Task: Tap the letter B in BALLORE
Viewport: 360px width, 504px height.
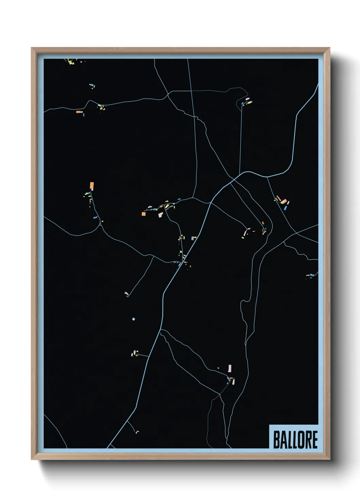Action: coord(276,440)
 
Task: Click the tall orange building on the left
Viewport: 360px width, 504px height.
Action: coord(92,186)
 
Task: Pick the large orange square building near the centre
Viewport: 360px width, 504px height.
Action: coord(144,214)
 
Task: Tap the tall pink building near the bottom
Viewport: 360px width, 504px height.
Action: coord(230,368)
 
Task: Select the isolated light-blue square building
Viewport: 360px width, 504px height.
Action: coord(134,319)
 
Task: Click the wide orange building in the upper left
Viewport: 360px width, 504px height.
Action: coord(79,112)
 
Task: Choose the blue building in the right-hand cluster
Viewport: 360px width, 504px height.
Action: coord(285,207)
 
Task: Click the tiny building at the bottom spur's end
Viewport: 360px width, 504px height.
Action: coord(137,432)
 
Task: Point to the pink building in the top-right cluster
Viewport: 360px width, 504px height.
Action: coord(247,99)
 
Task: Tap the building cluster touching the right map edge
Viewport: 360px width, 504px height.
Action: coord(311,275)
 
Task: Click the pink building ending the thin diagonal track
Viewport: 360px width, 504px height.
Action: coord(126,293)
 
